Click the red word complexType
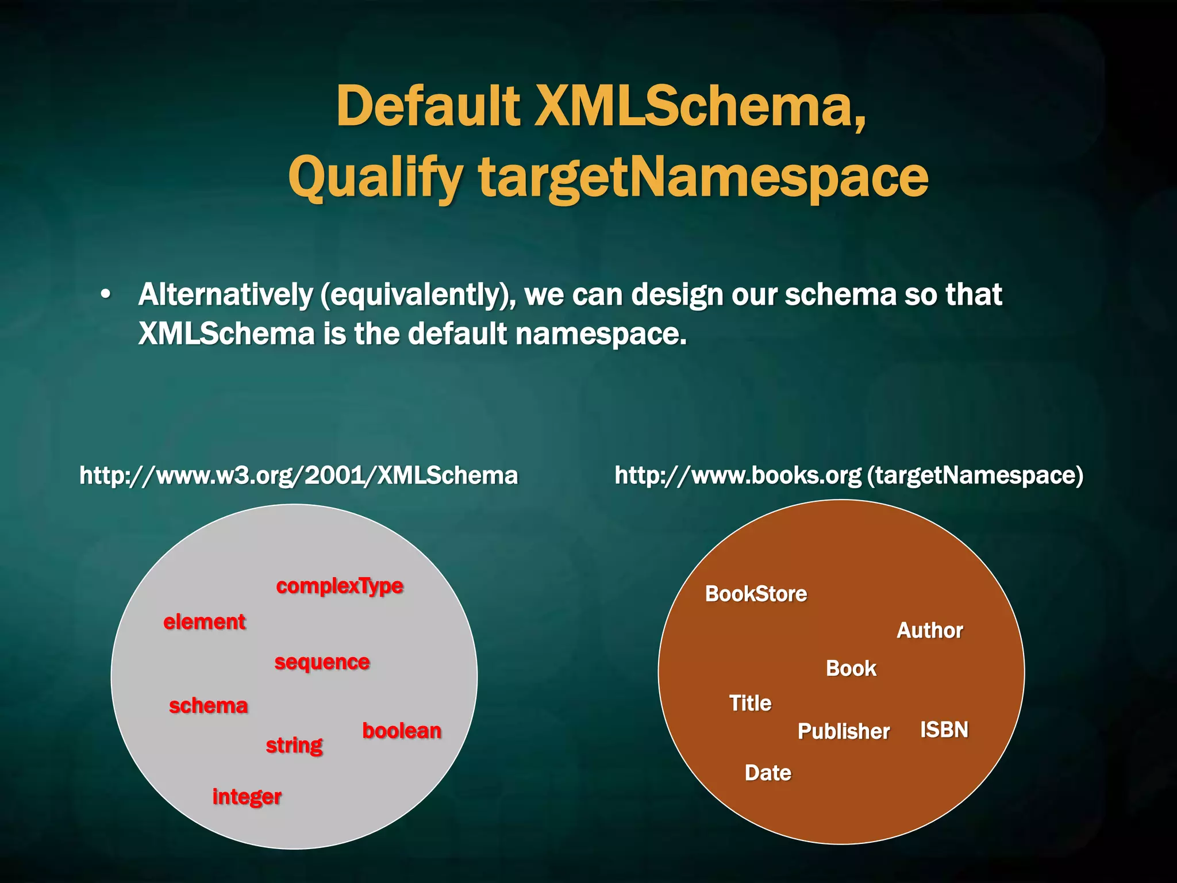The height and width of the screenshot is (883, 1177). tap(340, 586)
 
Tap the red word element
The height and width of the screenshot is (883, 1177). tap(205, 622)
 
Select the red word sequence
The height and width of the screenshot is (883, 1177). tap(322, 662)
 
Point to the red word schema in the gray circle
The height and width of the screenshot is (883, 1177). tap(208, 706)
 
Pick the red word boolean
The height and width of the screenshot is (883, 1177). tap(402, 731)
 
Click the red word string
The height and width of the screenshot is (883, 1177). tap(294, 746)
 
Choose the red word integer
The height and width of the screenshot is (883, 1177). tap(247, 797)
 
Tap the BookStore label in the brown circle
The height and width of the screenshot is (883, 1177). tap(756, 594)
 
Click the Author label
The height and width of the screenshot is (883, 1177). tap(929, 631)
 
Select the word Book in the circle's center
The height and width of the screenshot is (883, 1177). tap(851, 669)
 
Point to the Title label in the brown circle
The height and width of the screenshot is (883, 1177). tap(750, 703)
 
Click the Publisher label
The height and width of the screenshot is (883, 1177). tap(844, 731)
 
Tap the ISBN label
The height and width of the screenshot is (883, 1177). tap(944, 730)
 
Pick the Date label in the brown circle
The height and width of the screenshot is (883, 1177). tap(768, 773)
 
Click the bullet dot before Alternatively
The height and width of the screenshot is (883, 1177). tap(105, 294)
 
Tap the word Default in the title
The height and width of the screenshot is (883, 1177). tap(428, 106)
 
